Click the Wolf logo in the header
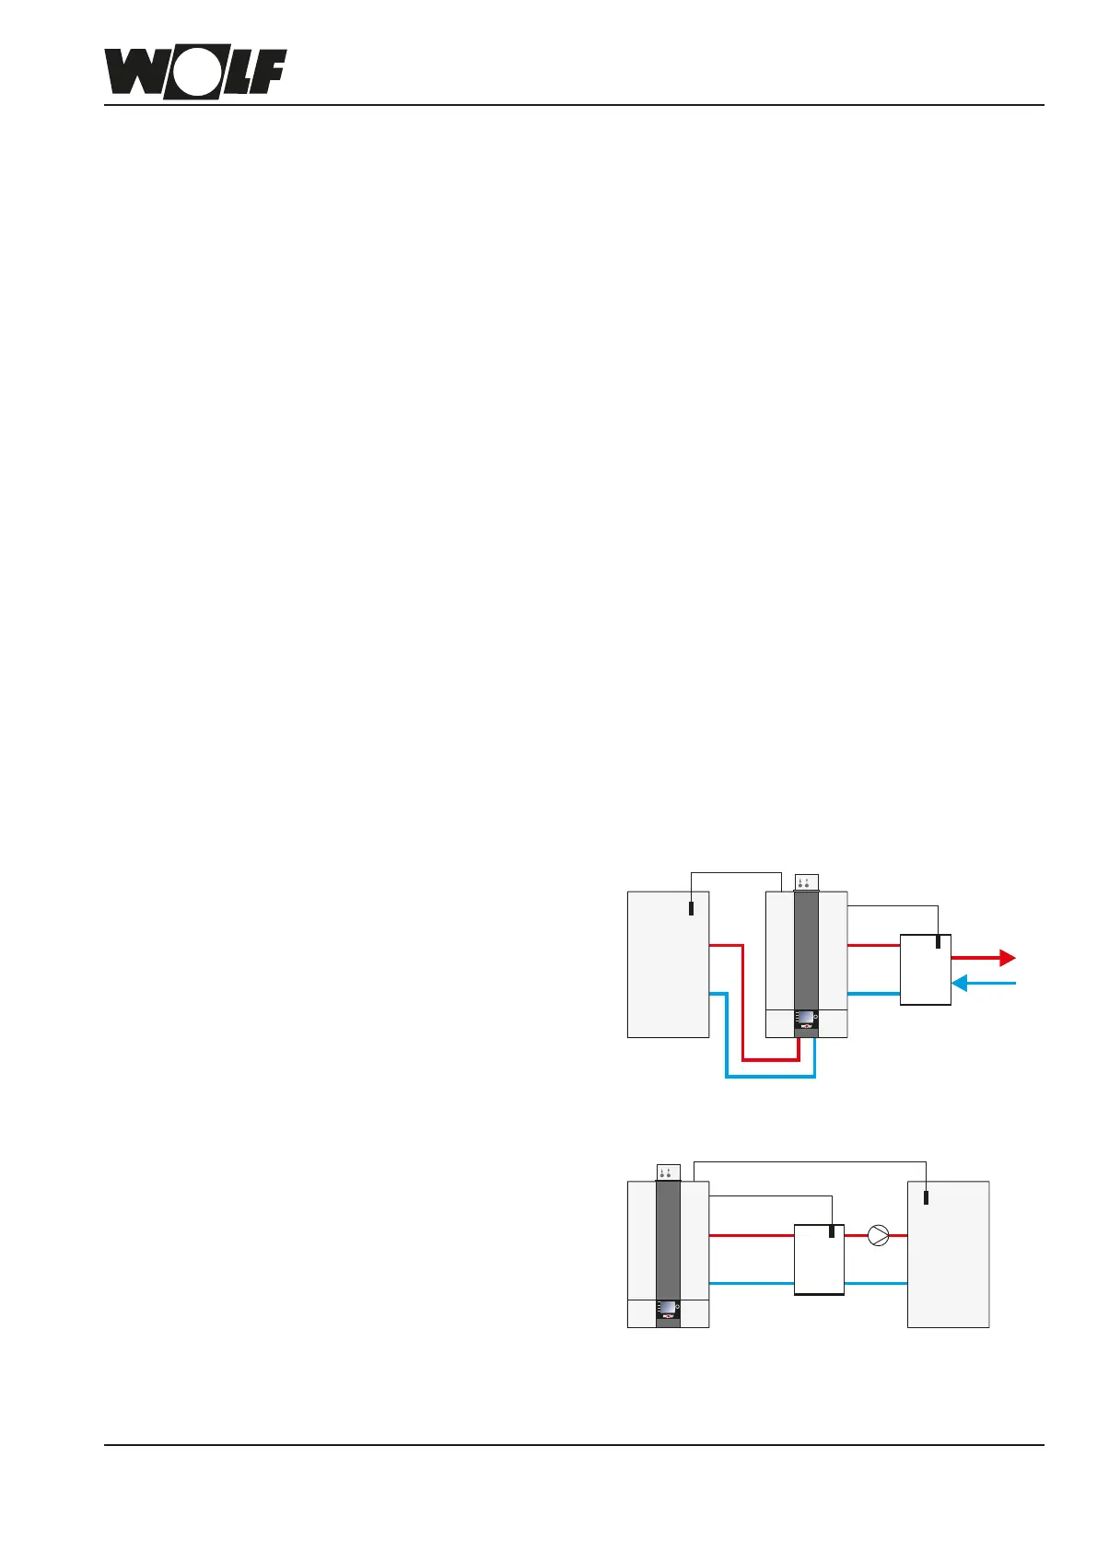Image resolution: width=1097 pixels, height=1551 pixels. click(195, 72)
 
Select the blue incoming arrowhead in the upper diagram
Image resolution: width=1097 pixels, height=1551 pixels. click(959, 984)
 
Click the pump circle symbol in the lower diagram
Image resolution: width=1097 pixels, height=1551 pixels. click(879, 1235)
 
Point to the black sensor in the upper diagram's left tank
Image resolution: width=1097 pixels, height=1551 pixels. click(692, 908)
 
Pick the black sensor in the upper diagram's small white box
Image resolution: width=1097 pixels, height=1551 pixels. click(938, 942)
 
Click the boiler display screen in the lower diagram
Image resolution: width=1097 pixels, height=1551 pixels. click(667, 1308)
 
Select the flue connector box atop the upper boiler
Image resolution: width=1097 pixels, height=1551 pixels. click(806, 882)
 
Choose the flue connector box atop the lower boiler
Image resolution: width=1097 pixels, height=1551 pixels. click(668, 1172)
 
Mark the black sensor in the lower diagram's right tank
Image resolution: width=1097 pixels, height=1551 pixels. click(927, 1197)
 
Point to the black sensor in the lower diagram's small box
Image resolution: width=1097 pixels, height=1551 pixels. click(832, 1231)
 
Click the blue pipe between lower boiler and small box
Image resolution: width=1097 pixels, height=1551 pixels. click(751, 1283)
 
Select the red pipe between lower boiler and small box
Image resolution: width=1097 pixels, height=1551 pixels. click(751, 1235)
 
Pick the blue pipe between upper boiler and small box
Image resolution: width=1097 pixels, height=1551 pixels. click(872, 994)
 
